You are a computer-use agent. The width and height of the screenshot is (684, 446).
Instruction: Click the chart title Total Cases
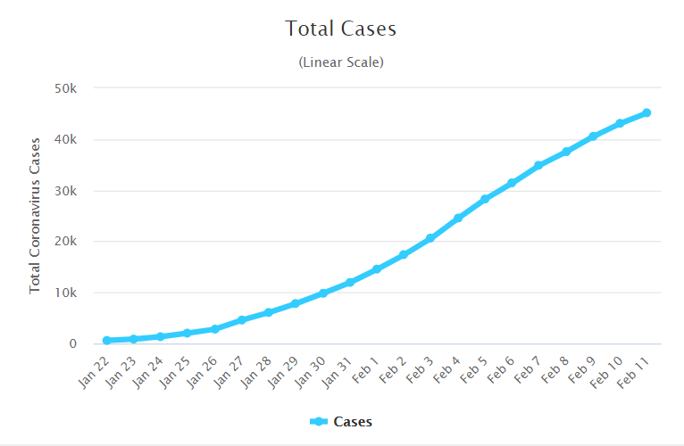click(341, 29)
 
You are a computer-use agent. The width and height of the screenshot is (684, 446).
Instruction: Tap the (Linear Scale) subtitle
click(341, 62)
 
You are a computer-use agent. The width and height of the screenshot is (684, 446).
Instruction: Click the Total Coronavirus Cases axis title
click(36, 216)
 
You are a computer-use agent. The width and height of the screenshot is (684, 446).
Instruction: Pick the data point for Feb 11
click(646, 112)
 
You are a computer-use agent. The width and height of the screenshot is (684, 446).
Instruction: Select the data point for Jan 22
click(107, 340)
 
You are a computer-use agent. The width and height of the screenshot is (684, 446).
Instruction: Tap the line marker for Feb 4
click(458, 218)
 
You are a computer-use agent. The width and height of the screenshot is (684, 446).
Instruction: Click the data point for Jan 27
click(242, 319)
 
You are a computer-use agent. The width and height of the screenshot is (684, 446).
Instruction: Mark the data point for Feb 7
click(538, 165)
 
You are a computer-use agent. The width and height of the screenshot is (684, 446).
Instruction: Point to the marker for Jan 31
click(350, 282)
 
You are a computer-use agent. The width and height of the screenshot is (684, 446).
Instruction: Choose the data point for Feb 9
click(593, 136)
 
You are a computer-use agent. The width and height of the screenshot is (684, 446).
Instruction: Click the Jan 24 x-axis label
click(146, 374)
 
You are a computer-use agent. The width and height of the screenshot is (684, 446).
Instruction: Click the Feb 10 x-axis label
click(605, 374)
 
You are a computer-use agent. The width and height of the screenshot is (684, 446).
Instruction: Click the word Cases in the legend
click(353, 422)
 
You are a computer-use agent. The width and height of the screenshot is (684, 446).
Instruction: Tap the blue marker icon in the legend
click(319, 422)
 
